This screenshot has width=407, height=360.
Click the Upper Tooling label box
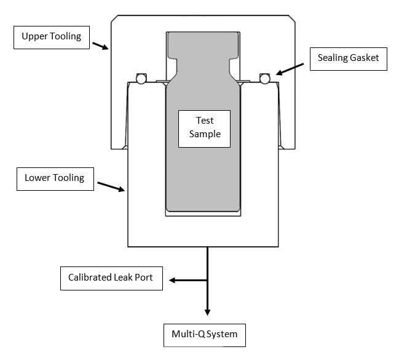click(51, 36)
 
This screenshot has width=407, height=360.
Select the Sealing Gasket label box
click(348, 58)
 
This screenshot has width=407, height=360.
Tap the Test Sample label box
click(204, 128)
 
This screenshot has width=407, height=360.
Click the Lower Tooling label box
click(54, 178)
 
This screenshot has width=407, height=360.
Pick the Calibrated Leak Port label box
click(114, 277)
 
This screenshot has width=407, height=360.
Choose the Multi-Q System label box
click(204, 335)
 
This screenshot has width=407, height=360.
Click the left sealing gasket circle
click(141, 79)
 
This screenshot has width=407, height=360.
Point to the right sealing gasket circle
click(265, 78)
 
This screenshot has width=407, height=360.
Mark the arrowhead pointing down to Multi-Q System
click(207, 311)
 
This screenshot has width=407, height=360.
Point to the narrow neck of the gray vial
click(203, 66)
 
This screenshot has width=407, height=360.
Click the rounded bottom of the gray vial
click(203, 206)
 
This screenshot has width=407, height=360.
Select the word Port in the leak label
click(148, 277)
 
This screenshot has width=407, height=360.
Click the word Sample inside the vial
click(204, 134)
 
